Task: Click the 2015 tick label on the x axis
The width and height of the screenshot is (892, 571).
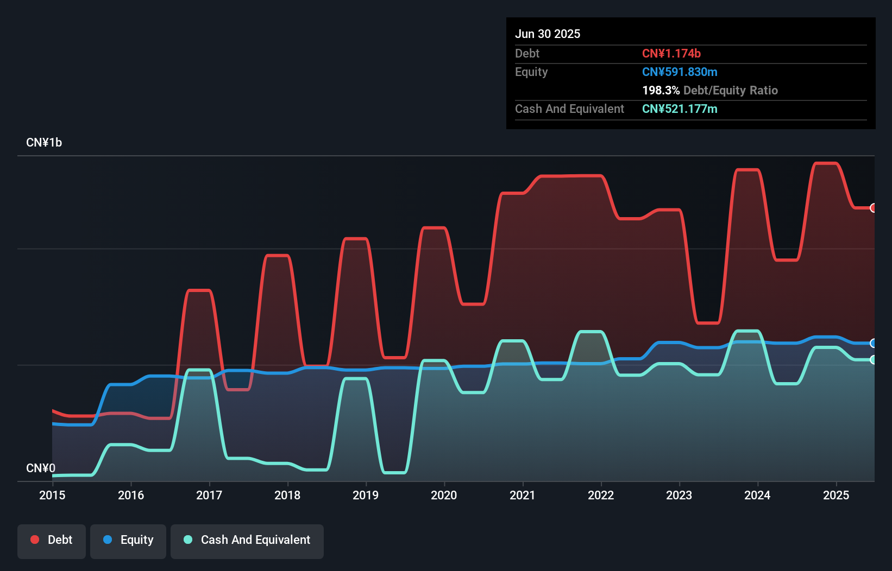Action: tap(52, 495)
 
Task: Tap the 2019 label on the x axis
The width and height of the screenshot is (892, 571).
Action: tap(366, 495)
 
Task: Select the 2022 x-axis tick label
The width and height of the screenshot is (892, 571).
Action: tap(601, 495)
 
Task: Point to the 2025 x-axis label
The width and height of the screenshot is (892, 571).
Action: tap(836, 495)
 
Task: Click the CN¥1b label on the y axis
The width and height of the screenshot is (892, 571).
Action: tap(44, 143)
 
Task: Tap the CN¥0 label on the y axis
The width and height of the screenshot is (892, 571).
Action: tap(41, 468)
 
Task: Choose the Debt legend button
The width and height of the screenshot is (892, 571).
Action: tap(52, 540)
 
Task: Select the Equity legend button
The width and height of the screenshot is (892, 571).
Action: tap(128, 540)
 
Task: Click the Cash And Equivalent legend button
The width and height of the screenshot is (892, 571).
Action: tap(247, 540)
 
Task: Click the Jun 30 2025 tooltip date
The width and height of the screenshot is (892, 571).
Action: tap(548, 34)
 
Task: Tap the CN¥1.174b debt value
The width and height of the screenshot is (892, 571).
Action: tap(671, 53)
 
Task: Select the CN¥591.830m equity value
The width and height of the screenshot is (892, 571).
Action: tap(680, 72)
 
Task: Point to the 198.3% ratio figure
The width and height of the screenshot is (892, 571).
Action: tap(661, 90)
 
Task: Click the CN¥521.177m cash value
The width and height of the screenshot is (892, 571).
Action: tap(680, 109)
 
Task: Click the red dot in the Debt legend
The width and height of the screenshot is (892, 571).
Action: tap(35, 540)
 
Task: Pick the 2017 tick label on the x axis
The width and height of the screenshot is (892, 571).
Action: tap(209, 495)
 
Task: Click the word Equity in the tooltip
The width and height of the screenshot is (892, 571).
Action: tap(531, 72)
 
